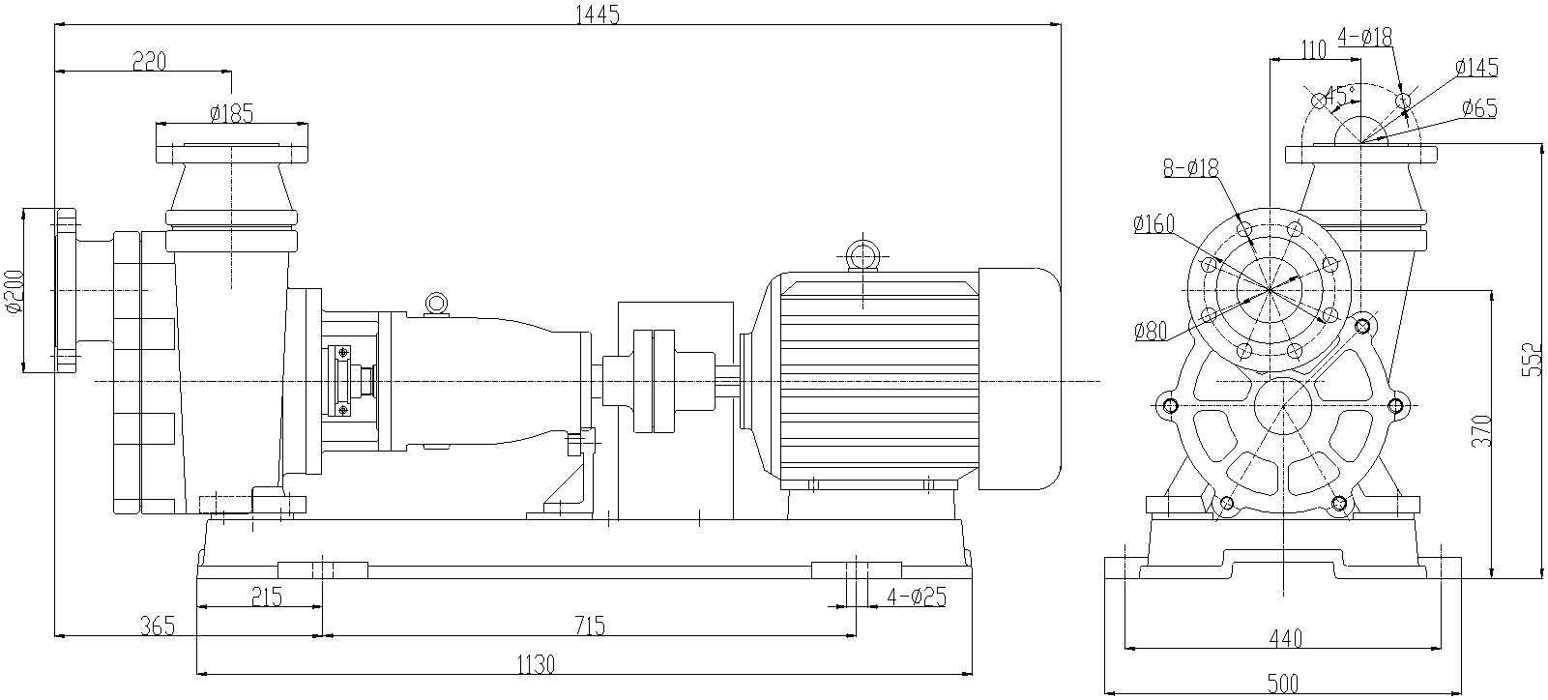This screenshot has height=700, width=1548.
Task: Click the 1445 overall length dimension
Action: (597, 14)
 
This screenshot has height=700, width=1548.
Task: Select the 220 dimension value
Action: (150, 62)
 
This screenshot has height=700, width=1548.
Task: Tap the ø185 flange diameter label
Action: (231, 114)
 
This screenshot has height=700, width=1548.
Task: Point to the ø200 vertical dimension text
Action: (13, 291)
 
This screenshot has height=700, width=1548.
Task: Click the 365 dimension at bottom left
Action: (157, 626)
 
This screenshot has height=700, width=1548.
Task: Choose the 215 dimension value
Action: (265, 597)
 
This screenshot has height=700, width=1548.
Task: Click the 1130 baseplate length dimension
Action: (536, 664)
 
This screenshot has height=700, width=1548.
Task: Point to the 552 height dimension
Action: (1532, 360)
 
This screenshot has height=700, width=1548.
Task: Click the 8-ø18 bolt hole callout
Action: (1191, 168)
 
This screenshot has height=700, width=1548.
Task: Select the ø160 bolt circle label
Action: (1153, 225)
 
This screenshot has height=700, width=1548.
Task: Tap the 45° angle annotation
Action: (1339, 95)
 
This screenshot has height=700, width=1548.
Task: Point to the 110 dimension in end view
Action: (1312, 50)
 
